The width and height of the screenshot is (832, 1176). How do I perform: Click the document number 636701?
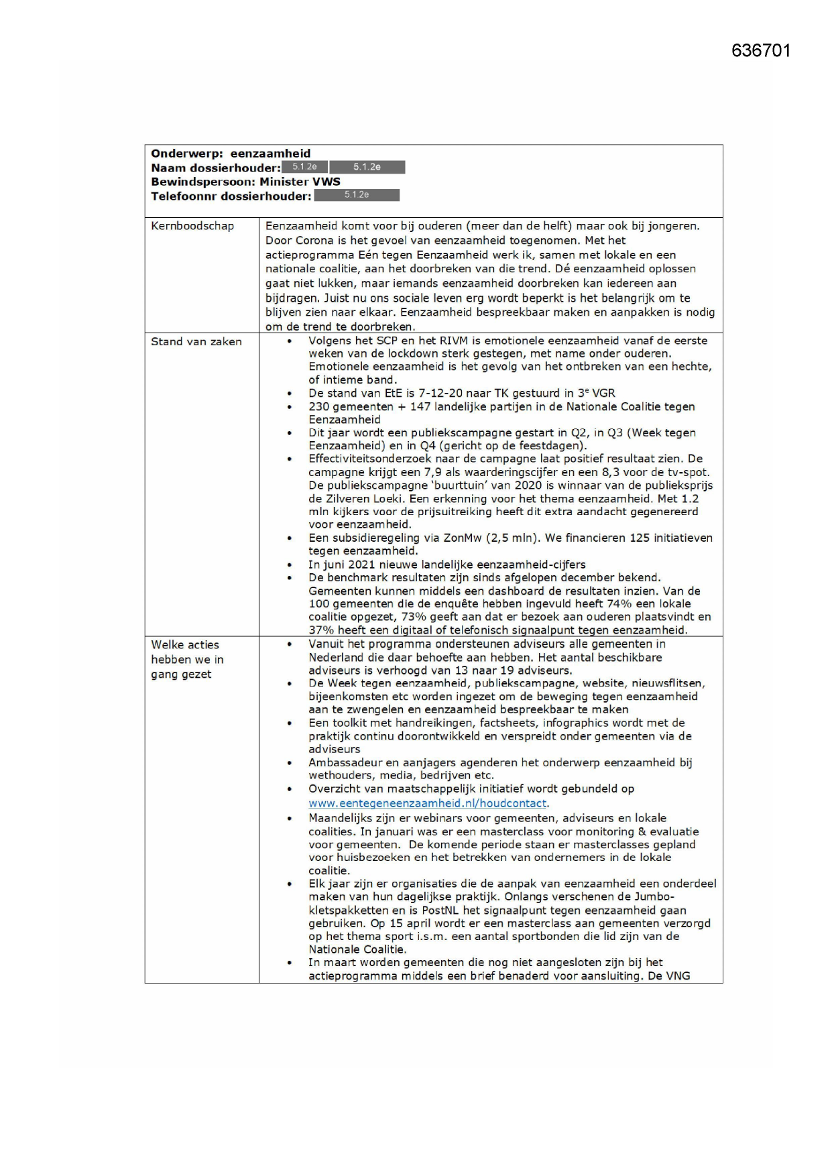761,51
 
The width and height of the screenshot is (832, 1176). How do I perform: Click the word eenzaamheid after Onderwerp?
270,154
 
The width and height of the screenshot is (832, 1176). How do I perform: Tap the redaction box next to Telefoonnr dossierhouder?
357,195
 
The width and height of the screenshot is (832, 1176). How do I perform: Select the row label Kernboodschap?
192,226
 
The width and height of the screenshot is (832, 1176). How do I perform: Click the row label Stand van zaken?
196,341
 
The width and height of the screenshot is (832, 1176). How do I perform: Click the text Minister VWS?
300,182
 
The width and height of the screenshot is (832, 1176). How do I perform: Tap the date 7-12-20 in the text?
440,394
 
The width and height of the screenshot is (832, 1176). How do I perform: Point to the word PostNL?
444,910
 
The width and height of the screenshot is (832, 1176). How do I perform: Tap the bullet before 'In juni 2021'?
290,565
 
